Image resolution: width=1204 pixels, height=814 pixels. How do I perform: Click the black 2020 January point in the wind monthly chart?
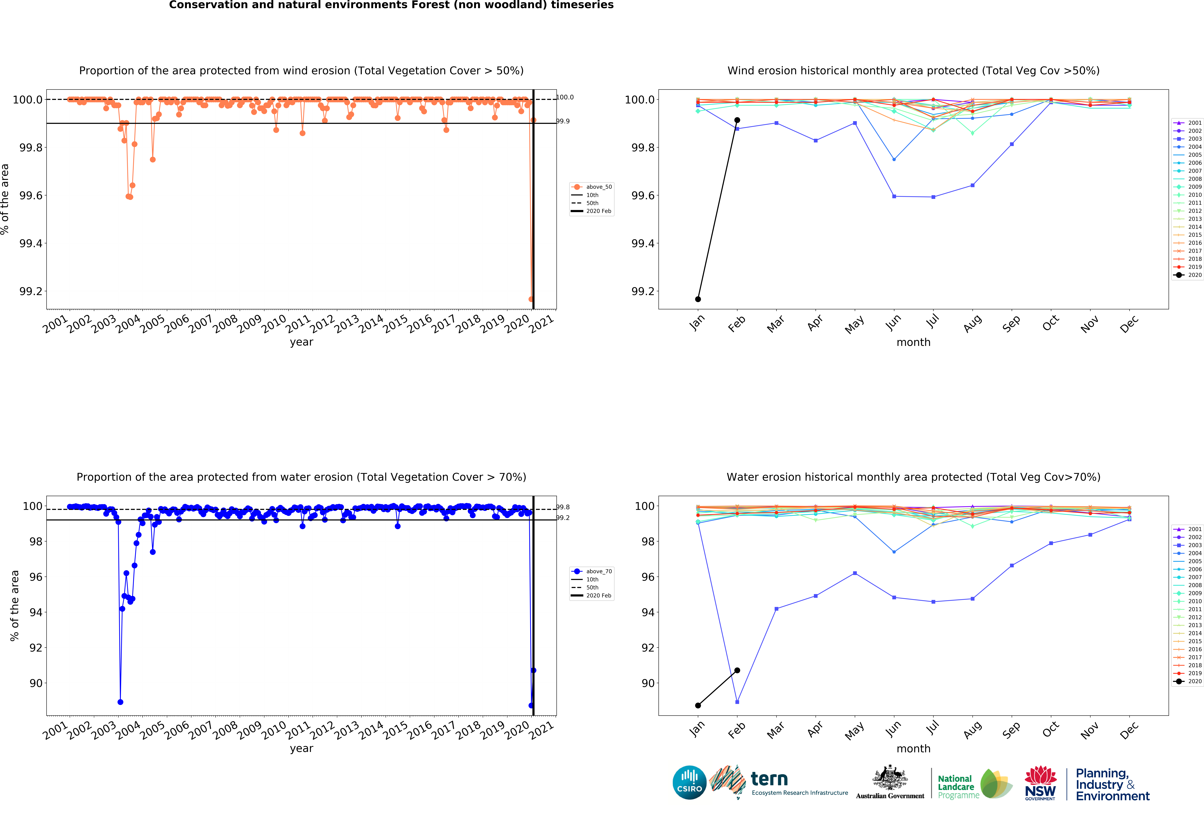pos(698,299)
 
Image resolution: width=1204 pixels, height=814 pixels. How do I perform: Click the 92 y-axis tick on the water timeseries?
pos(36,648)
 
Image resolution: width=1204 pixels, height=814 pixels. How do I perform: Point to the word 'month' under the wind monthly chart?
pos(913,342)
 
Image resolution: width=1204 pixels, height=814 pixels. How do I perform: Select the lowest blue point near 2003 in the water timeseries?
pos(120,702)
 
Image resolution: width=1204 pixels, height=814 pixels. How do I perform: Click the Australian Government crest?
pos(890,777)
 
